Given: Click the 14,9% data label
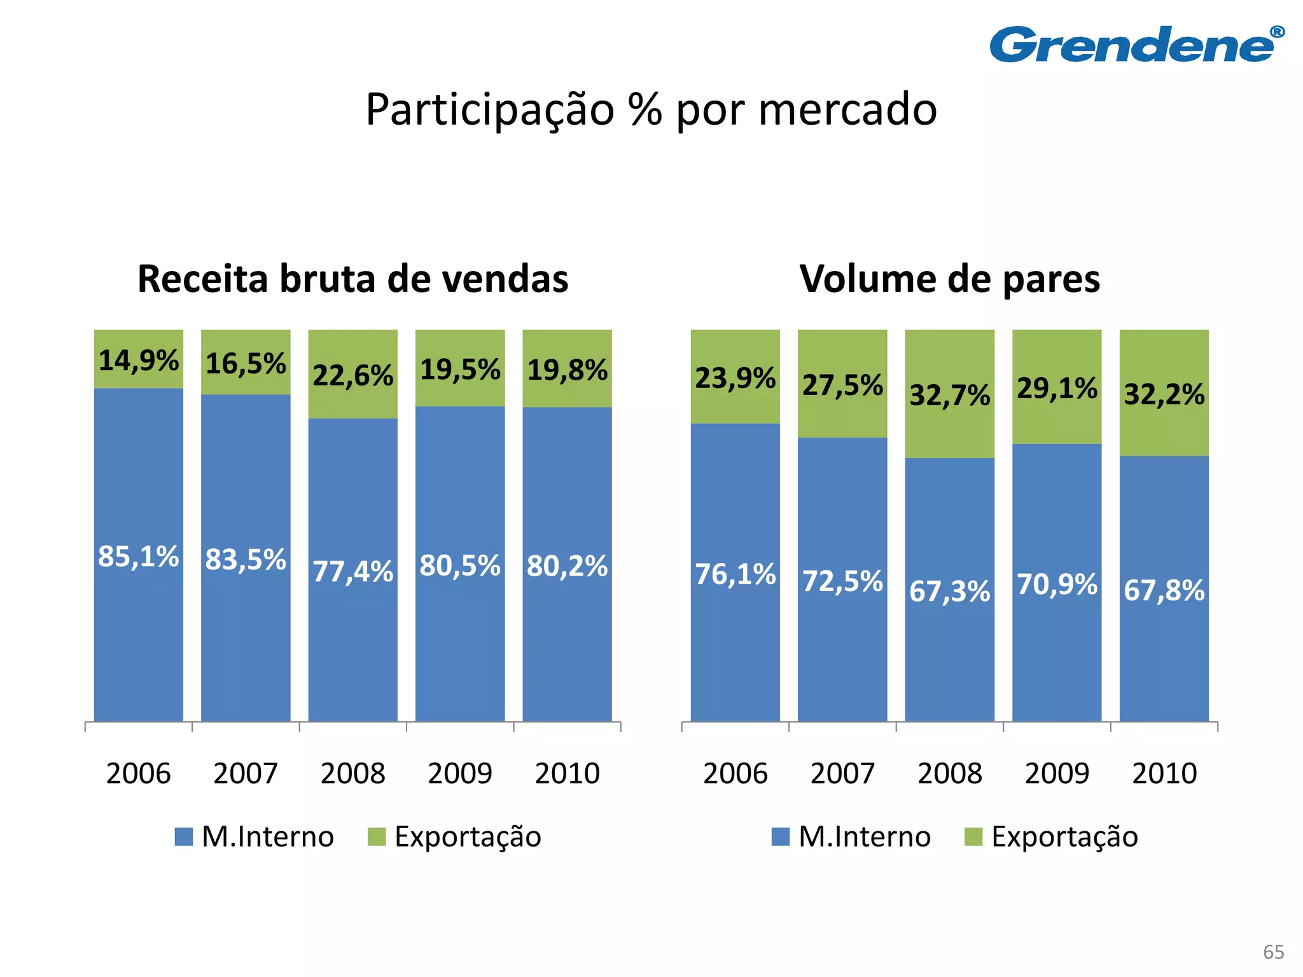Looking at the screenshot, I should [x=139, y=361].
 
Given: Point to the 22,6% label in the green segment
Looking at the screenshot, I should [x=353, y=375].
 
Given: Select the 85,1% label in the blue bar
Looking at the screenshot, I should [x=139, y=557].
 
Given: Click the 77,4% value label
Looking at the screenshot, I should [x=353, y=571].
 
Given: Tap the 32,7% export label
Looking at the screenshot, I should [x=949, y=395].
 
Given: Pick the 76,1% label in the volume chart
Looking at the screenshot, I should [x=735, y=574].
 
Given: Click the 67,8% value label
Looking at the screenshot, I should [x=1164, y=590].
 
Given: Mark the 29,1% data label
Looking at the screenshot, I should [x=1057, y=388].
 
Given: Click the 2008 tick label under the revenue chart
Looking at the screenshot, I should [x=353, y=773].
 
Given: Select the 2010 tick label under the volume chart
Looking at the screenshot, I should [x=1164, y=773].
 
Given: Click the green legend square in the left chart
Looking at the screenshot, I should [x=377, y=836].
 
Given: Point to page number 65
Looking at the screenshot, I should [x=1273, y=952].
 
